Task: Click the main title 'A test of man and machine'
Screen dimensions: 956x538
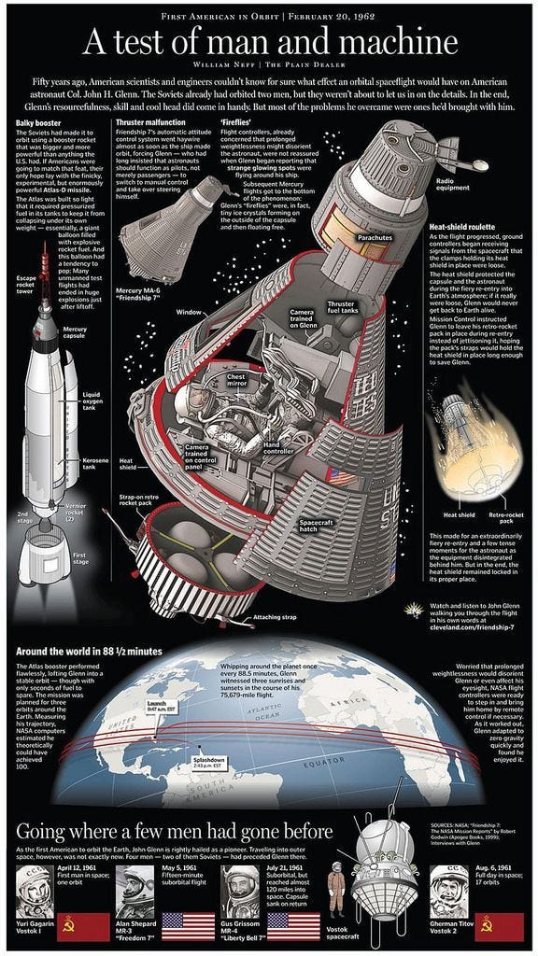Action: pyautogui.click(x=270, y=43)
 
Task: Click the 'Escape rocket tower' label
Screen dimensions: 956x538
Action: pyautogui.click(x=26, y=284)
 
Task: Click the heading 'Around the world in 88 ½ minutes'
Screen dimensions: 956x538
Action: pyautogui.click(x=89, y=651)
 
